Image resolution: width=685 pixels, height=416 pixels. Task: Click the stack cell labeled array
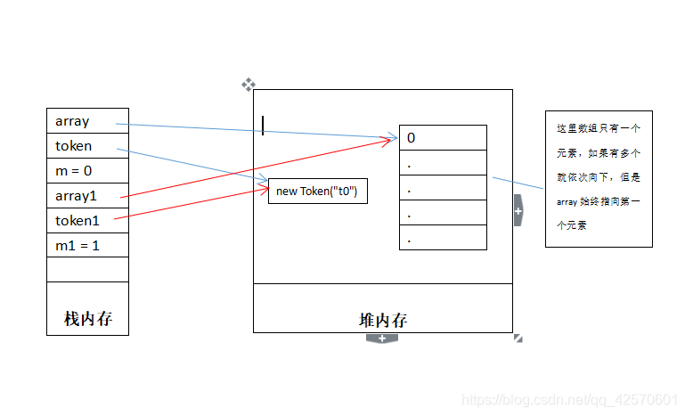coord(87,121)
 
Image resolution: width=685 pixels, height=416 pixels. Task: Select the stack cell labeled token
coord(87,146)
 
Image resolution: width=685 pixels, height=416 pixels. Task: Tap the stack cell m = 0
coord(87,171)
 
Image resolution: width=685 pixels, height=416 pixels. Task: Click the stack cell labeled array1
coord(87,196)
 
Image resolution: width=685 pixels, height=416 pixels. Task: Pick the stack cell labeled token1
coord(87,221)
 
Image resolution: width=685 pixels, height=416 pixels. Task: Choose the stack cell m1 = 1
coord(87,245)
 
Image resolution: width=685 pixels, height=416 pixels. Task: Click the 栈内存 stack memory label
coord(87,319)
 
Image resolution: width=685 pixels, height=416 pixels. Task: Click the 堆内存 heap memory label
coord(383,320)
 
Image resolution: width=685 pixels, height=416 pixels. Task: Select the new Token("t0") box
coord(318,192)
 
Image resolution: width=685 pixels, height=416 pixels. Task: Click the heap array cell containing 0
coord(443,138)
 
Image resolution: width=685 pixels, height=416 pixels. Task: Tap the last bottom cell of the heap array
coord(443,238)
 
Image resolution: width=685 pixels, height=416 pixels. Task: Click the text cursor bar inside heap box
coord(263,126)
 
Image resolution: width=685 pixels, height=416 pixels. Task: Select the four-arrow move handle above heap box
coord(249,85)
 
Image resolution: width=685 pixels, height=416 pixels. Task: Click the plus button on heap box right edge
coord(518,211)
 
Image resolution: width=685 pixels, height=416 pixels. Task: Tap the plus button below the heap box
coord(382,339)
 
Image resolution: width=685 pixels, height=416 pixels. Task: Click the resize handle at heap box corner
coord(518,339)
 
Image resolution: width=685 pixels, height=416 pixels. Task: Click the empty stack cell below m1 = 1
coord(87,269)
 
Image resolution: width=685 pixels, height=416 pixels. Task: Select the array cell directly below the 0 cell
coord(443,163)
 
